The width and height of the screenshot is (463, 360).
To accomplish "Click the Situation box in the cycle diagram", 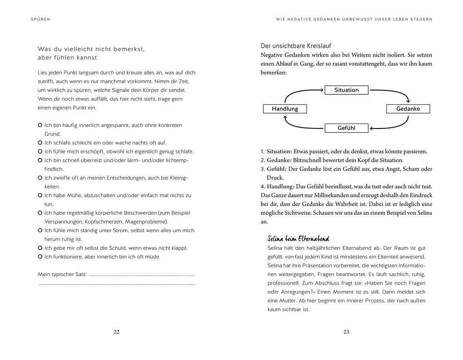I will click(346, 90).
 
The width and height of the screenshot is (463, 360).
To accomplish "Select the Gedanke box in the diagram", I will click(408, 109).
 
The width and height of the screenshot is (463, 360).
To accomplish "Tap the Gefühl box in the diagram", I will click(346, 128).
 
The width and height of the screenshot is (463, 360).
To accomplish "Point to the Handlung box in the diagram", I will click(285, 109).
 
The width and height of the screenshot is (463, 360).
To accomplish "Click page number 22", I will click(116, 332).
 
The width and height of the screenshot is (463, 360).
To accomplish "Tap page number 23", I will click(346, 332).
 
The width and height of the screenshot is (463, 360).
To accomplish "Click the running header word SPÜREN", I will click(41, 19).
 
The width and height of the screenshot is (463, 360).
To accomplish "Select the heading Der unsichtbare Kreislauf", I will click(296, 46).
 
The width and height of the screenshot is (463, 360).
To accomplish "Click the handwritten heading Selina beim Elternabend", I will click(298, 239).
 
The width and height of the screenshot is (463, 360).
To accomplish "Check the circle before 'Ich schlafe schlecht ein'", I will click(40, 143).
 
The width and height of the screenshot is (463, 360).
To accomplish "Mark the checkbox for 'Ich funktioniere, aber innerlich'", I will click(40, 257).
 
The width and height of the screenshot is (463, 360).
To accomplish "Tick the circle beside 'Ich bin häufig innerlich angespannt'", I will click(40, 125).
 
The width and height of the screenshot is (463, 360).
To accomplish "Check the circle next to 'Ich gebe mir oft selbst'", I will click(40, 248).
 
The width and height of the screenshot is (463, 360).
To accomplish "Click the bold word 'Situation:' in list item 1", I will click(279, 152).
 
